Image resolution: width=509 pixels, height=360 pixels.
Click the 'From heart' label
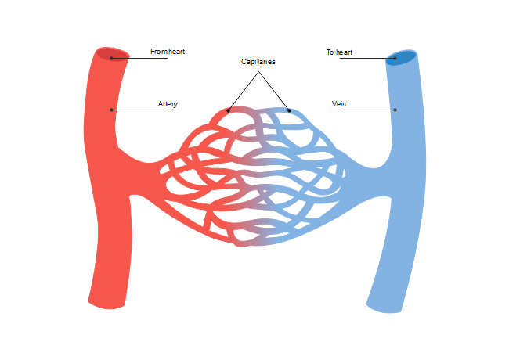(168, 52)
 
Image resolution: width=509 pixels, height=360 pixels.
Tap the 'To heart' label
(339, 52)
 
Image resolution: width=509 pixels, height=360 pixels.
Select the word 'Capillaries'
(258, 61)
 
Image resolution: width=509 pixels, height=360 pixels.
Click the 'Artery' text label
(168, 104)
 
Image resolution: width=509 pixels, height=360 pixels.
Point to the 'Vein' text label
(339, 104)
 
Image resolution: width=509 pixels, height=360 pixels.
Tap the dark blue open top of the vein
(402, 57)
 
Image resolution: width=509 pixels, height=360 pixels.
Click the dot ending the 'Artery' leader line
(112, 110)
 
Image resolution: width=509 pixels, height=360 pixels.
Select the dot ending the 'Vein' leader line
(395, 110)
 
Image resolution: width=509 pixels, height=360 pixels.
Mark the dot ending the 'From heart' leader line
(112, 58)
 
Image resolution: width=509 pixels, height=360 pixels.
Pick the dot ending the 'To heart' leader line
(395, 58)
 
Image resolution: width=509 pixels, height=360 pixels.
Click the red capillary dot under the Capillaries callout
(229, 110)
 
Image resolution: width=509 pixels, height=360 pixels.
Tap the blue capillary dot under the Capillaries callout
(289, 110)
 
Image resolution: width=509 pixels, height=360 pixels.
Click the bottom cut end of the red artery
(106, 304)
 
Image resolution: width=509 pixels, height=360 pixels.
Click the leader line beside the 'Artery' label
(141, 110)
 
